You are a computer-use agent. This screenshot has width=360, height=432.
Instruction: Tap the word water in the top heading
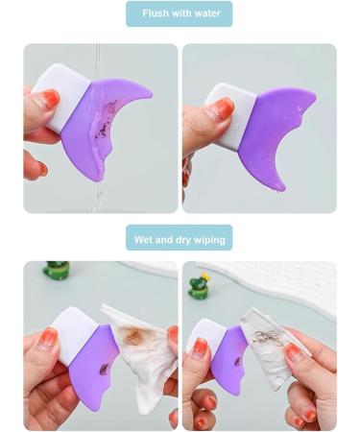[x=207, y=13]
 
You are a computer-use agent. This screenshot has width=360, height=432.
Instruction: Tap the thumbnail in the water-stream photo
[x=48, y=99]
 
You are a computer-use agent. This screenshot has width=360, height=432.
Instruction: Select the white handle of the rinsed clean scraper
[x=230, y=113]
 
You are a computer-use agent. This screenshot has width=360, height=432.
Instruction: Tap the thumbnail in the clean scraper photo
[x=222, y=108]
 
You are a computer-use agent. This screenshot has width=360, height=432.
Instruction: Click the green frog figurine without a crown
[x=56, y=271]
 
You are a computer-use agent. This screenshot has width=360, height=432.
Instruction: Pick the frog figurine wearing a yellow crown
[x=199, y=286]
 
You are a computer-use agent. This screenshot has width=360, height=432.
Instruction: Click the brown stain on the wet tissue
[x=133, y=336]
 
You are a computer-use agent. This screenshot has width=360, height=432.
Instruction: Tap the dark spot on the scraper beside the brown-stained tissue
[x=104, y=370]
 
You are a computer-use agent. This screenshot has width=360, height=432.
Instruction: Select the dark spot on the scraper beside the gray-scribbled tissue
[x=237, y=363]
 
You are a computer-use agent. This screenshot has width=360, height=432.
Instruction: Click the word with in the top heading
[x=180, y=13]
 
